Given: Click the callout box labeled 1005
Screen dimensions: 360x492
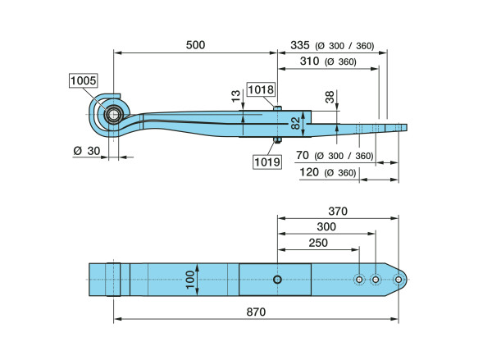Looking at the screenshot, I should tap(84, 81).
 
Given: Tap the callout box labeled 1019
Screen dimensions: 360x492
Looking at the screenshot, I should tap(268, 162).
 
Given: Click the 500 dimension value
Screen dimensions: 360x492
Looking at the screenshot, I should tap(195, 45).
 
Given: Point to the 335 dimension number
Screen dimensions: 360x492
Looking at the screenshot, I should tap(303, 45).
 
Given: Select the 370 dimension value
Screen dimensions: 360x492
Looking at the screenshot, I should tap(338, 211).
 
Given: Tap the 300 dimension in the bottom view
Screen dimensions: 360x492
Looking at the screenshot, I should tap(326, 226).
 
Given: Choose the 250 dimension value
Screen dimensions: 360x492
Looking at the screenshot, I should tap(318, 243).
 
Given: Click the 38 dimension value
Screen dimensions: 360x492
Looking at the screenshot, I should tap(330, 98).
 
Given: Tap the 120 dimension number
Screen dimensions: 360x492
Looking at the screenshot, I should tap(310, 172).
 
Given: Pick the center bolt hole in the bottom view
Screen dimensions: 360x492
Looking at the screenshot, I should tap(277, 280).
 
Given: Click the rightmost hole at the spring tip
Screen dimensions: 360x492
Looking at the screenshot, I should tap(398, 280).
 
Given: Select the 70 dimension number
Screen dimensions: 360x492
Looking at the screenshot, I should tap(302, 155).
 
